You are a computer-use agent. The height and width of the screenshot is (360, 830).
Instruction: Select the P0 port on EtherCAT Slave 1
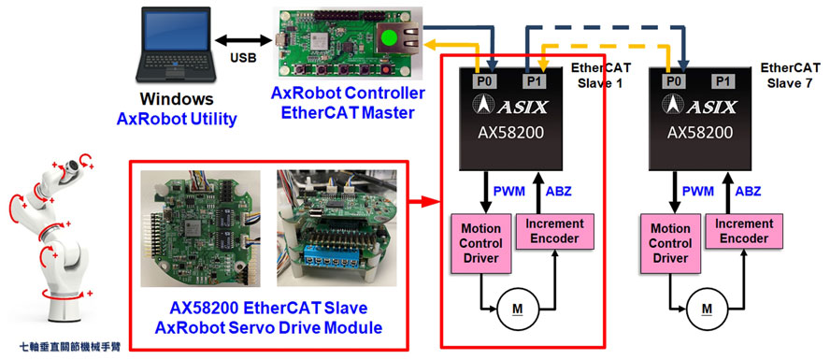(482, 80)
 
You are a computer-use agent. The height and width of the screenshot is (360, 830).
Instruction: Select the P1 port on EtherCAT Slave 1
(534, 80)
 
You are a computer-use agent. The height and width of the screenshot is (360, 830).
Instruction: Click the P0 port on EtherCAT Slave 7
(671, 80)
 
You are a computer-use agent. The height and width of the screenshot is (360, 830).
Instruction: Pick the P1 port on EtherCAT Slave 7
(723, 80)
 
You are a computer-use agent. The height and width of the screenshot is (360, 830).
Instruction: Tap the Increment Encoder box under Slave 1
(554, 231)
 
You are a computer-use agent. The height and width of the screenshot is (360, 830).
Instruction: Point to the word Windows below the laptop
(177, 98)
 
